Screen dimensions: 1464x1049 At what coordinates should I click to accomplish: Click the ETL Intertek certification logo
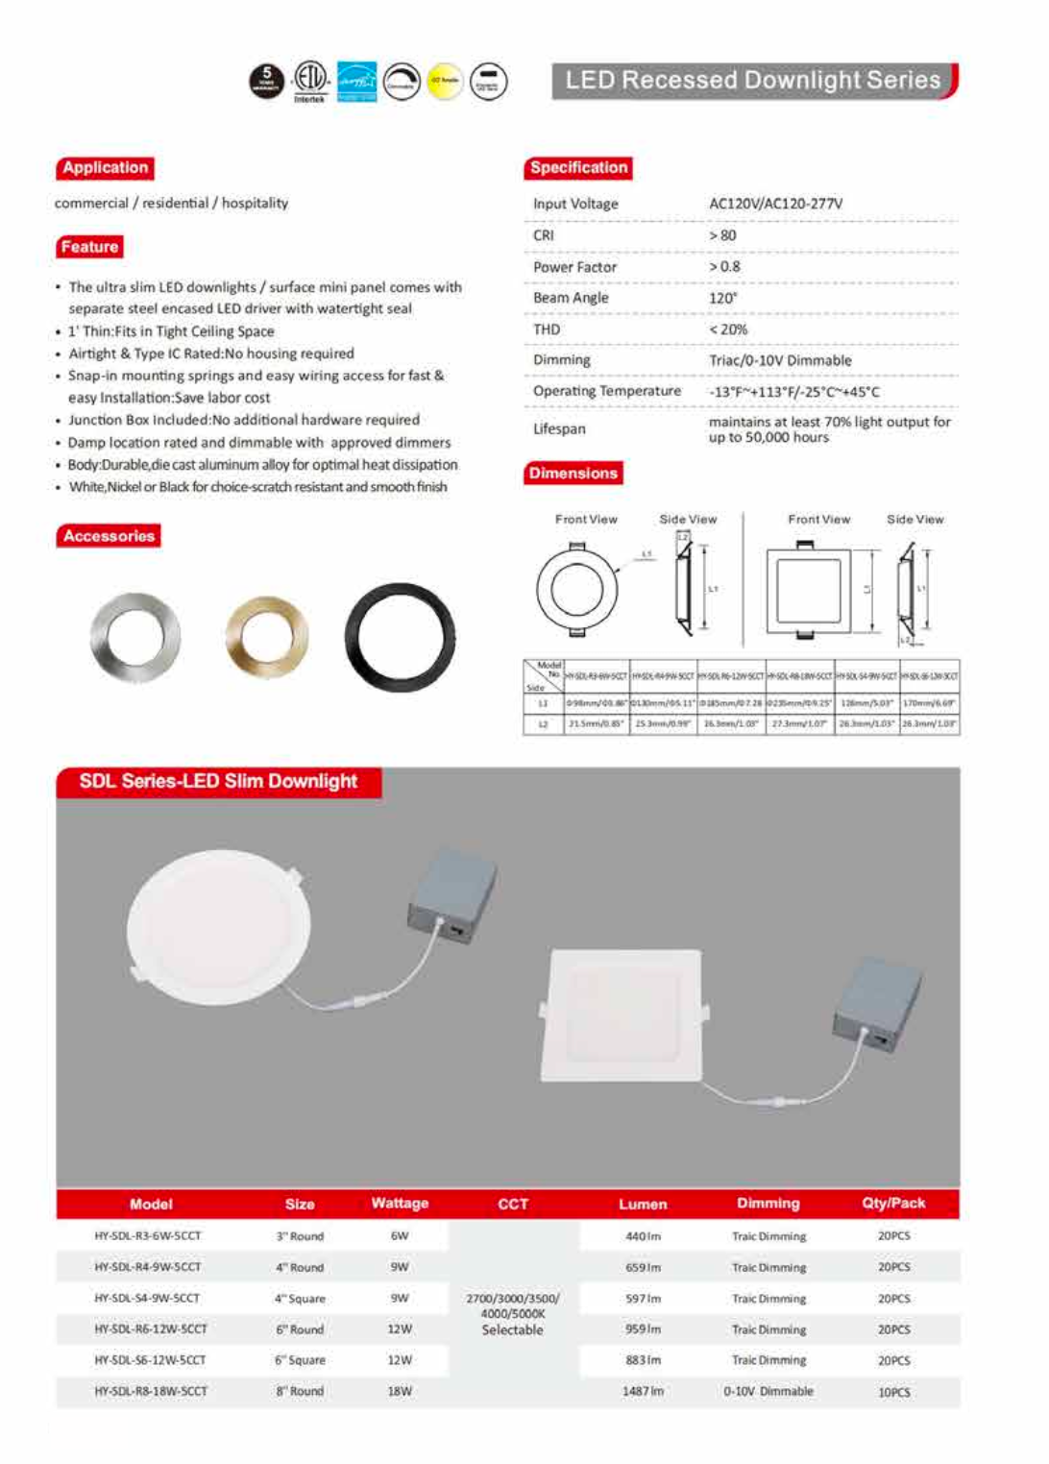(x=309, y=81)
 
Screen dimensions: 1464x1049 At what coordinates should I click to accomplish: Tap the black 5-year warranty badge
(x=267, y=82)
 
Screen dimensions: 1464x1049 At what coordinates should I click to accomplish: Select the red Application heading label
(x=105, y=168)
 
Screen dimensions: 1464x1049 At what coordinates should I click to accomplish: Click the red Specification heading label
(x=578, y=168)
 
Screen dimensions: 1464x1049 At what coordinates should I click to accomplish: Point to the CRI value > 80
(x=722, y=235)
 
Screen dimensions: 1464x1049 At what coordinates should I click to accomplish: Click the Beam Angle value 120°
(x=722, y=298)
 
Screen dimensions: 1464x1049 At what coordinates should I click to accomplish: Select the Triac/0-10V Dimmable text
(x=780, y=360)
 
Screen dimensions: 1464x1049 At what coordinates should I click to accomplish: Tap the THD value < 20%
(x=728, y=329)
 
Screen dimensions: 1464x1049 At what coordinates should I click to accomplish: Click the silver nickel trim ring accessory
(x=135, y=637)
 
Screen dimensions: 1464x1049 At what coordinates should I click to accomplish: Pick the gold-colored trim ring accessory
(x=267, y=637)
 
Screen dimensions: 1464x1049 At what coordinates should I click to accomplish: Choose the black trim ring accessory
(x=400, y=637)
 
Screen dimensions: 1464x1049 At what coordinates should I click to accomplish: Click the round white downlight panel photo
(x=219, y=927)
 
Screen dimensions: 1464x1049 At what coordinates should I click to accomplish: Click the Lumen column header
(x=643, y=1204)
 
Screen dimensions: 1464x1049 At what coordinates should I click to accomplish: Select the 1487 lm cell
(x=643, y=1391)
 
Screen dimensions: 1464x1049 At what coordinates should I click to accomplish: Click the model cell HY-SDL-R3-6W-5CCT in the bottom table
(x=148, y=1236)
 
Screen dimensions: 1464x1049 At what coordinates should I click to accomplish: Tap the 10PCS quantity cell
(x=893, y=1392)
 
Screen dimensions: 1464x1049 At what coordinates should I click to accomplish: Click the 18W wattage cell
(x=400, y=1391)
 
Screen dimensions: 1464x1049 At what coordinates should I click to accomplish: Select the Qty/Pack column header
(x=893, y=1204)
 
